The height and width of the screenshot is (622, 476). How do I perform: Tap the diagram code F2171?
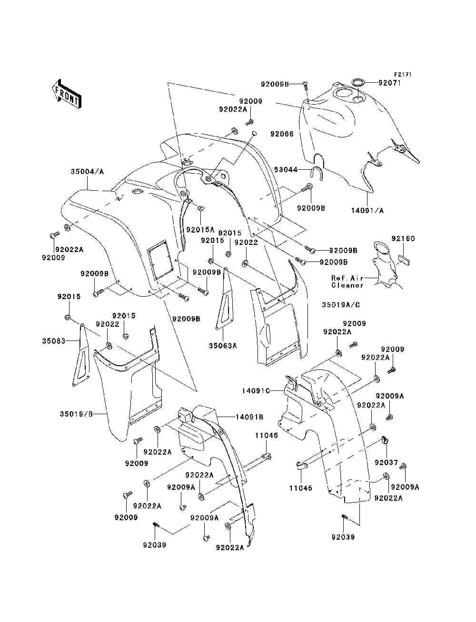click(403, 75)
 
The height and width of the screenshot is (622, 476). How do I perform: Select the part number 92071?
click(389, 83)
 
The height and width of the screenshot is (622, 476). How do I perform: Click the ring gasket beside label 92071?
click(358, 82)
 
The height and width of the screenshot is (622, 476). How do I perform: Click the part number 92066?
click(282, 134)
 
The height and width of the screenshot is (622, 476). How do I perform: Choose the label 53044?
click(286, 170)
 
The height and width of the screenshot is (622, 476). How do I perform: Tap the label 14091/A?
click(367, 211)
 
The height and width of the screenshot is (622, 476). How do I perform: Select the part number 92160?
click(403, 239)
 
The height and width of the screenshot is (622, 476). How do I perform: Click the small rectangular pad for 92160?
click(404, 260)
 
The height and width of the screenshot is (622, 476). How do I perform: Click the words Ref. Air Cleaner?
click(347, 282)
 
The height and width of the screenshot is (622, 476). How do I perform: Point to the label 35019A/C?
click(341, 305)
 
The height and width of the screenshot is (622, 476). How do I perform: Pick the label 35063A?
click(223, 346)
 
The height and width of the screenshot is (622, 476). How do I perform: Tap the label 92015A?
click(200, 230)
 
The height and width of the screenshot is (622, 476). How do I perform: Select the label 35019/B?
click(76, 414)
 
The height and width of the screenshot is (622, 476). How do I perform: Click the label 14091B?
click(249, 417)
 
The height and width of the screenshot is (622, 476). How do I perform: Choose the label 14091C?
click(256, 391)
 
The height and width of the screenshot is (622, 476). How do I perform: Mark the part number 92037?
click(386, 463)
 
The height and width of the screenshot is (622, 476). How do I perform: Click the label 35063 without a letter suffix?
click(54, 341)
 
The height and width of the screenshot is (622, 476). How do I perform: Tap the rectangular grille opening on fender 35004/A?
click(160, 260)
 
